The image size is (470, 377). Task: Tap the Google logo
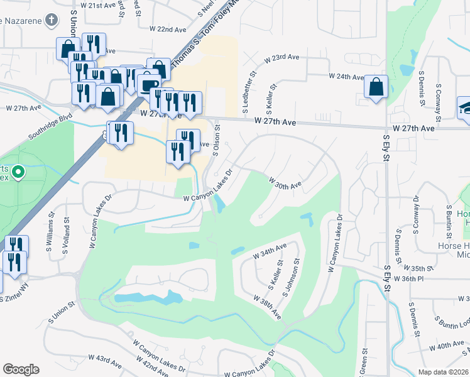coord(21,369)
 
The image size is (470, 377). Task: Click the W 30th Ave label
coord(286,183)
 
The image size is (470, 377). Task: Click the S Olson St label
coord(217,139)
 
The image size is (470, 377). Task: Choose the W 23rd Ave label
coord(281,57)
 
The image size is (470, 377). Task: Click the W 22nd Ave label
coord(168,29)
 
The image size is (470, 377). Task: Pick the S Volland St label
coord(65,234)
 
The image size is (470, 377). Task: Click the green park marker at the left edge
coord(19,170)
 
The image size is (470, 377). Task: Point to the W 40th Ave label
coord(450,345)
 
